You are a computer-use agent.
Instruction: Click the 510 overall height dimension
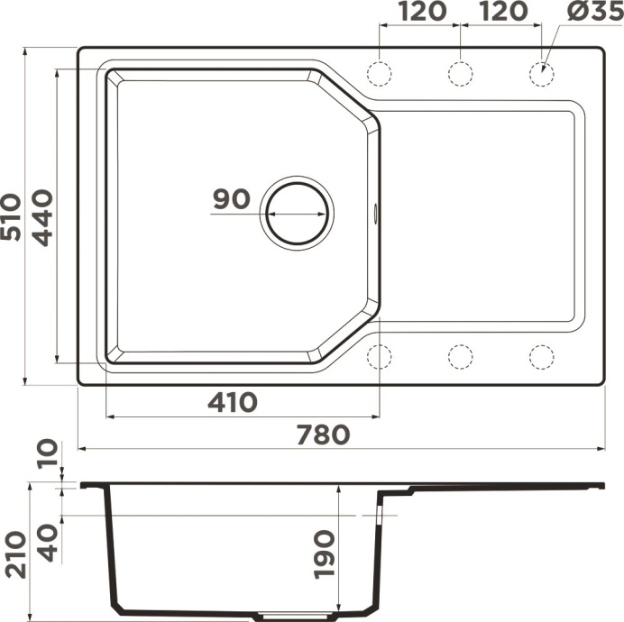pos(12,216)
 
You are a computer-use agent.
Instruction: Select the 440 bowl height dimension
pos(42,216)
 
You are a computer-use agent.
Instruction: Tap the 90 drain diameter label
pos(232,199)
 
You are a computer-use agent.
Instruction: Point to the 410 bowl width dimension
pos(232,402)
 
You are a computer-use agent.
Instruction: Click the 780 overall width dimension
pos(322,434)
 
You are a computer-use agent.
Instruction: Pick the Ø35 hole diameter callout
pos(592,12)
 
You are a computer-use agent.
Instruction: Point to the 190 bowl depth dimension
pos(324,554)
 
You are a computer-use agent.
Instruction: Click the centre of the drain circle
pos(297,214)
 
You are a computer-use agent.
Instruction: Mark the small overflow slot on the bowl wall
pos(376,214)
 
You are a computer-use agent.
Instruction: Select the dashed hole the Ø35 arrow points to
pos(541,73)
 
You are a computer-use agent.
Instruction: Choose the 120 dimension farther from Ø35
pos(421,12)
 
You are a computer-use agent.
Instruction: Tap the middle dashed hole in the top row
pos(460,73)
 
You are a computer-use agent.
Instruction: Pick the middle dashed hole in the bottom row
pos(460,357)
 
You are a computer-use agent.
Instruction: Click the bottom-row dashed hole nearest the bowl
pos(380,357)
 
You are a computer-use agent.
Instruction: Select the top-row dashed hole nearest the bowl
pos(380,73)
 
